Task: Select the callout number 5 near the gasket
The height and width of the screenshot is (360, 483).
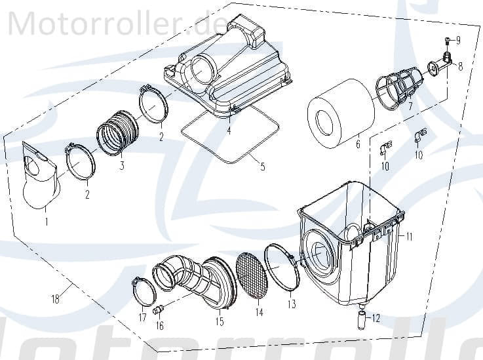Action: [262, 167]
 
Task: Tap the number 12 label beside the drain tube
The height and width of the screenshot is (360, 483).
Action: [375, 319]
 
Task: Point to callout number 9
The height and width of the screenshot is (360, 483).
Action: [457, 41]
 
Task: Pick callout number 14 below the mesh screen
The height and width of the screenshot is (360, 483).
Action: [260, 313]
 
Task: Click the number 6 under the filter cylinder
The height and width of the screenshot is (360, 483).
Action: [358, 144]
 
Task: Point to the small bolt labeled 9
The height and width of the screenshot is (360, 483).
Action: [447, 41]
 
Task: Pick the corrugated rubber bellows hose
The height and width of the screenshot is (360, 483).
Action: [118, 133]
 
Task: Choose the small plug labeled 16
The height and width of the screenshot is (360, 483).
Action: [158, 310]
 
